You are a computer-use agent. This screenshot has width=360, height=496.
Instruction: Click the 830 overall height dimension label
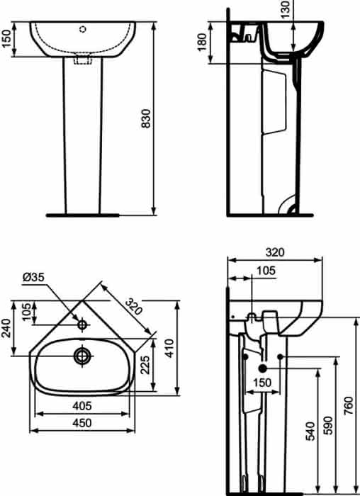point(146,118)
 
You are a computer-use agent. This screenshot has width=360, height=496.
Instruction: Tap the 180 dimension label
point(202,41)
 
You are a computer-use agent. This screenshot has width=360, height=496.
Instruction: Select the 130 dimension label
point(286,9)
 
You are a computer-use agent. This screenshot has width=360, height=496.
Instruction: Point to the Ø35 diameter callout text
point(33,277)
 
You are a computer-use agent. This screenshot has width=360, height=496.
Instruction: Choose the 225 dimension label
point(145,364)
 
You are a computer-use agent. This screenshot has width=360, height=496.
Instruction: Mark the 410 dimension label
point(170,348)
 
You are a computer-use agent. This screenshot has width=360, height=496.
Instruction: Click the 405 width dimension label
point(82,405)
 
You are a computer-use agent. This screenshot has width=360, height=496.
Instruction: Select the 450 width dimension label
point(82,423)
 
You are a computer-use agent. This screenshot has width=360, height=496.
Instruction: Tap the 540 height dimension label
point(310,431)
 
